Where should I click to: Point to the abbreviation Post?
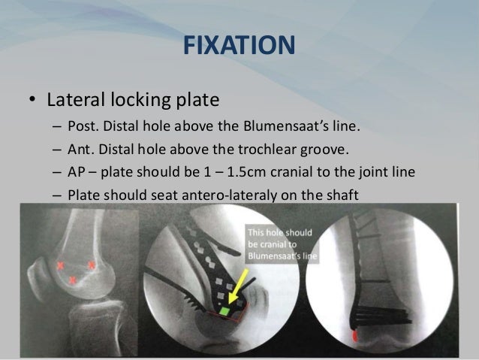click(x=82, y=126)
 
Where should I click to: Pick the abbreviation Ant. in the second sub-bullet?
click(x=80, y=149)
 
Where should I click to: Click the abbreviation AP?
click(x=77, y=172)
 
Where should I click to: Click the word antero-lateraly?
click(x=226, y=195)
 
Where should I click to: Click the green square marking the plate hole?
click(x=223, y=310)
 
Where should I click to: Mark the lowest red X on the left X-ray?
click(x=72, y=280)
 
